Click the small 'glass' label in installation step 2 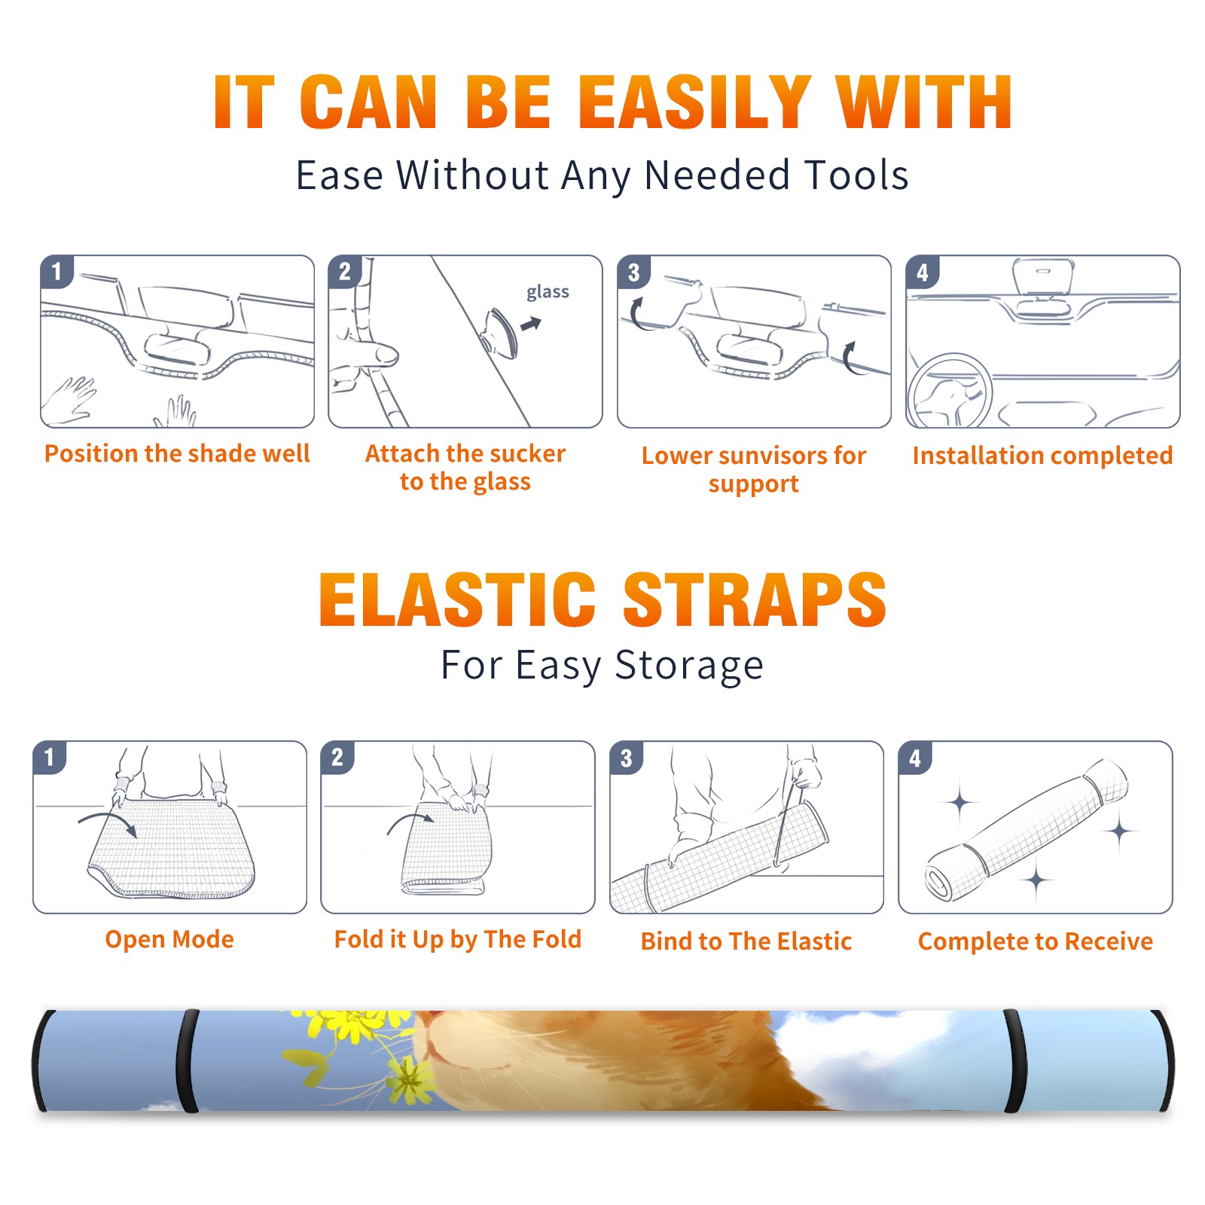pyautogui.click(x=548, y=292)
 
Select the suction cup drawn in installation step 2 pyautogui.click(x=500, y=333)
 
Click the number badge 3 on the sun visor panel pyautogui.click(x=633, y=272)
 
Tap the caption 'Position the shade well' pyautogui.click(x=177, y=453)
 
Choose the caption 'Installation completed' pyautogui.click(x=1042, y=456)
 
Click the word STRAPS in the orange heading pyautogui.click(x=755, y=599)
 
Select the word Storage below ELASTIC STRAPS pyautogui.click(x=689, y=666)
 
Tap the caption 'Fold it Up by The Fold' pyautogui.click(x=458, y=939)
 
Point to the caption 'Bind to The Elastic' pyautogui.click(x=746, y=941)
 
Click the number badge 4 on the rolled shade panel pyautogui.click(x=915, y=758)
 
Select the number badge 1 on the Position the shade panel pyautogui.click(x=56, y=272)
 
